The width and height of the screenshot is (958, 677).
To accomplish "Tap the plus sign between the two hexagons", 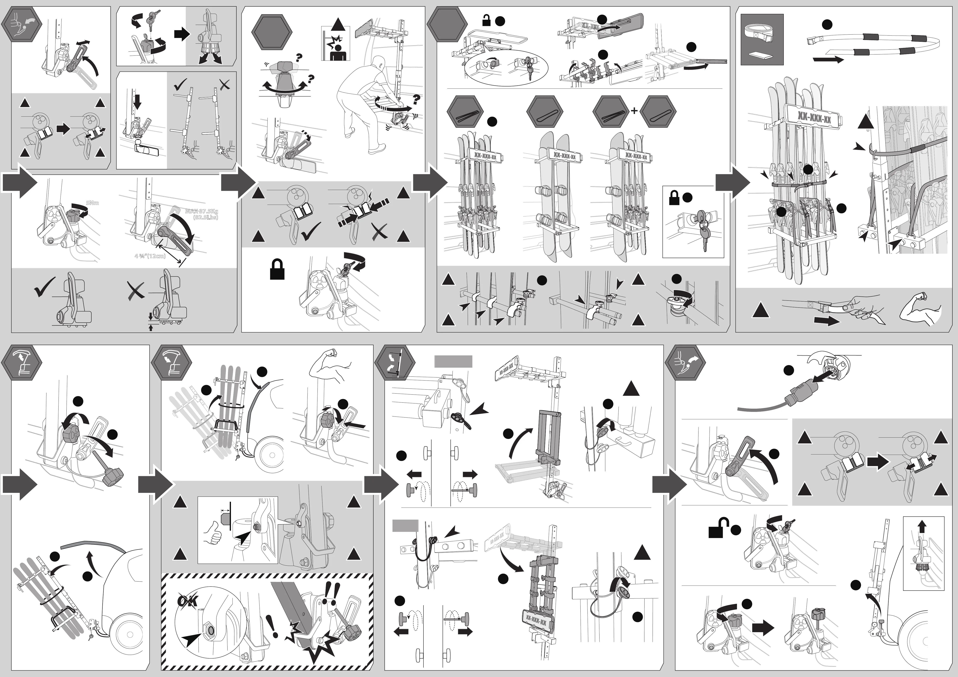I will point(634,111).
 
